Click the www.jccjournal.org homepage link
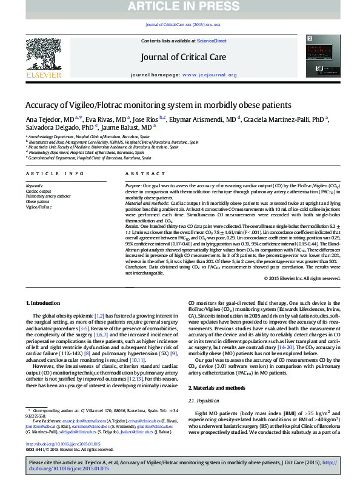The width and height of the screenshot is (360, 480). point(209,75)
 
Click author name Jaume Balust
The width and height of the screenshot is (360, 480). point(118,128)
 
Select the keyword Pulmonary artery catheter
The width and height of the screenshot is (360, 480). point(48,196)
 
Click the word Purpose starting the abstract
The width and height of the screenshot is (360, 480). point(133,185)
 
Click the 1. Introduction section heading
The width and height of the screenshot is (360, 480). point(44,302)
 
